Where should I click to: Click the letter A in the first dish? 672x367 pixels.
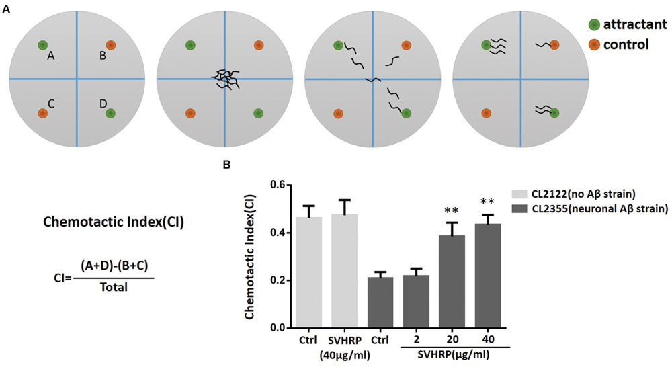point(50,58)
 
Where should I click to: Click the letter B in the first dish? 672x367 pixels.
point(102,56)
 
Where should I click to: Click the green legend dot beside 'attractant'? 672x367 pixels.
point(594,25)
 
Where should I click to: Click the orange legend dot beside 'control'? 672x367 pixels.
point(594,45)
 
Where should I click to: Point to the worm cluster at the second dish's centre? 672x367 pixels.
point(224,79)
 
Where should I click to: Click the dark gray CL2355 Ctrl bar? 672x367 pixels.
point(384,302)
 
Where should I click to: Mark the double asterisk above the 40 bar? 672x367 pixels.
point(494,202)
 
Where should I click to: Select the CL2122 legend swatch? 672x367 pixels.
point(523,192)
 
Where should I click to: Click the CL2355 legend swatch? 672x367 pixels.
point(523,210)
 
